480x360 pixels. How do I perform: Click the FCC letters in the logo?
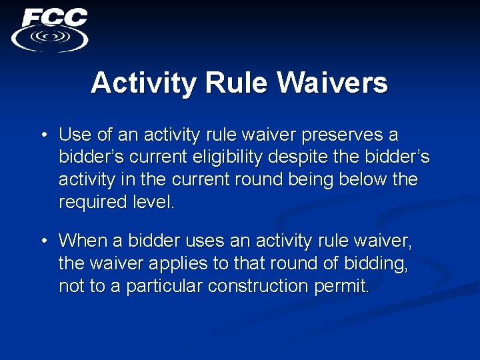pyautogui.click(x=55, y=17)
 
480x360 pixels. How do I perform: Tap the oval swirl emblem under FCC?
pyautogui.click(x=49, y=37)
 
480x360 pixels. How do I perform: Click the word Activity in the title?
pyautogui.click(x=144, y=83)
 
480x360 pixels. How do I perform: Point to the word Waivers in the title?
pyautogui.click(x=333, y=83)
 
